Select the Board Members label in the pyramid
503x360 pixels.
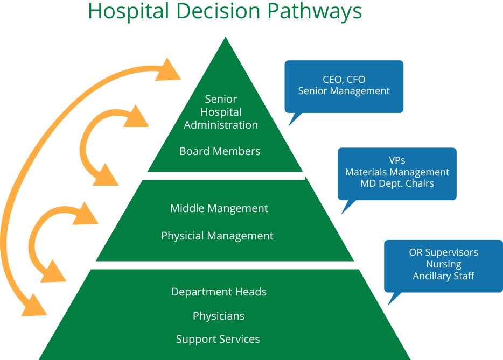coord(220,151)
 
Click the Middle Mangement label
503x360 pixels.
coord(219,208)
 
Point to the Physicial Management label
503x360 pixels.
coord(217,236)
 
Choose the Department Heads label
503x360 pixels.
coord(219,292)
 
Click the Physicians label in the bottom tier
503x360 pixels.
coord(219,316)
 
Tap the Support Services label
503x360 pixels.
coord(218,340)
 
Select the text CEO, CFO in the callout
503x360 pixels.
coord(344,80)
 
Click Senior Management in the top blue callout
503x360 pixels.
coord(344,91)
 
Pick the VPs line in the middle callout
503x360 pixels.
coord(397,160)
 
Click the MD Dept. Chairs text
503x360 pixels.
coord(397,183)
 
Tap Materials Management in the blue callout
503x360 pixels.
coord(397,172)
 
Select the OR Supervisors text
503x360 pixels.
coord(443,252)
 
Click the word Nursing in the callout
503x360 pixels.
coord(443,264)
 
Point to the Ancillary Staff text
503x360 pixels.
coord(443,276)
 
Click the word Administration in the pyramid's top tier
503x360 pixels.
coord(221,125)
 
